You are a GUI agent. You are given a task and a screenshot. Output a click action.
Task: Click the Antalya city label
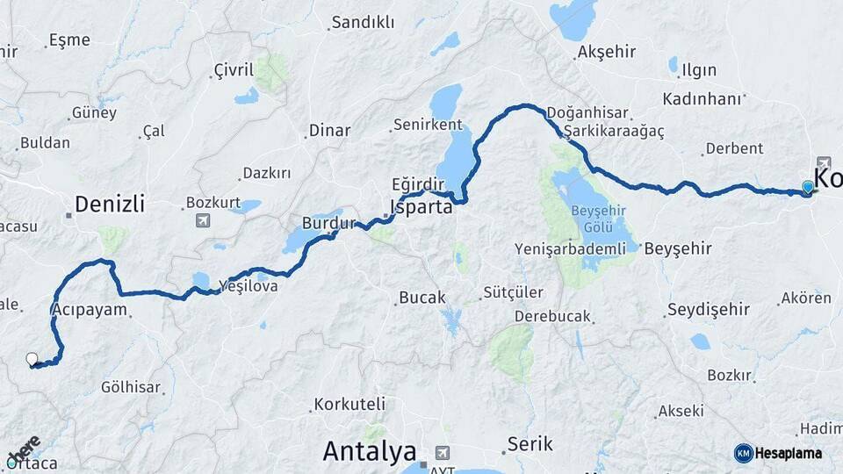tap(369, 452)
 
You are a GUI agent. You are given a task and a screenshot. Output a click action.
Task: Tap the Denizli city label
tap(109, 205)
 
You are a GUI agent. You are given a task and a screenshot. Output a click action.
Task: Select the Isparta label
tap(421, 208)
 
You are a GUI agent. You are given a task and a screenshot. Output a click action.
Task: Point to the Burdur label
tap(328, 222)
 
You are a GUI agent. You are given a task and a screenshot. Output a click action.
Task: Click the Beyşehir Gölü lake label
tap(602, 218)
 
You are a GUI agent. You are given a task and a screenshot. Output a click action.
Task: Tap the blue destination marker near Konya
tap(808, 187)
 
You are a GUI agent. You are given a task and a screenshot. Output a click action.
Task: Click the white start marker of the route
tap(32, 359)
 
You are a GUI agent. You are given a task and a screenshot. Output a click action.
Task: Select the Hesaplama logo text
tap(789, 453)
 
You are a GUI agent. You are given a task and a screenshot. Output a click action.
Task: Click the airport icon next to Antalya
tap(442, 452)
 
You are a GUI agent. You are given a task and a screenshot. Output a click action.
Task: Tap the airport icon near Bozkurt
tap(204, 219)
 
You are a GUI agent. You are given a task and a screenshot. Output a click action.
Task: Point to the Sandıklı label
tap(362, 23)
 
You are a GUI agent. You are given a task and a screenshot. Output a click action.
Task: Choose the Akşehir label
tap(607, 52)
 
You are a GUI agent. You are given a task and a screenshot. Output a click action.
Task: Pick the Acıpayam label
tap(90, 309)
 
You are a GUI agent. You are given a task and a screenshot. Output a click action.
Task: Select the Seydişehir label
tap(708, 309)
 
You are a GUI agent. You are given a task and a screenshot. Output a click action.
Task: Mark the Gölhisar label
tap(131, 387)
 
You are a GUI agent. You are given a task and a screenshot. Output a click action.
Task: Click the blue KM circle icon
tap(744, 453)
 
